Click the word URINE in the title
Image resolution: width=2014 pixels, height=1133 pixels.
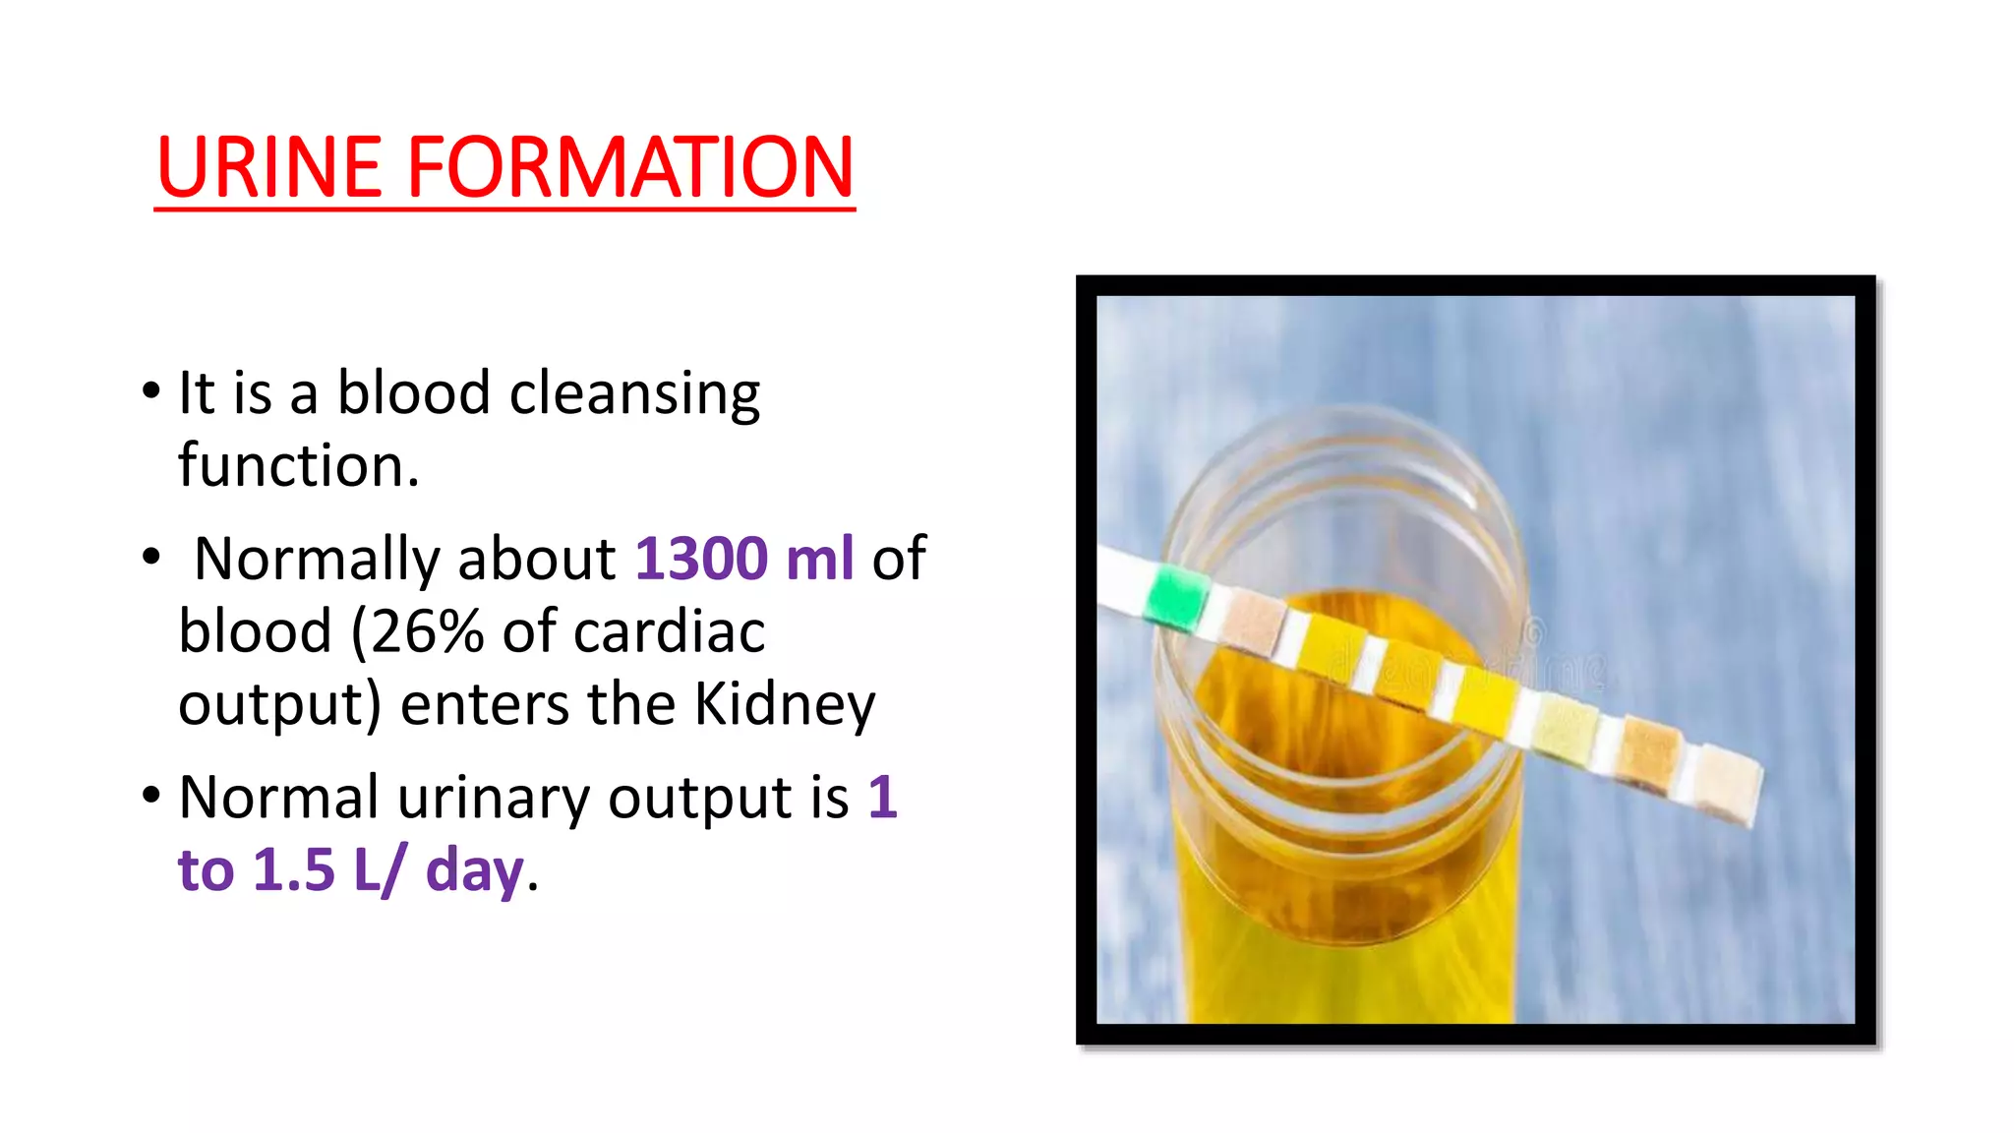(x=268, y=167)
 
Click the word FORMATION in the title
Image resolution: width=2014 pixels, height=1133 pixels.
(x=629, y=167)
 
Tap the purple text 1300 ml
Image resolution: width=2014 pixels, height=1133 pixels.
(x=744, y=559)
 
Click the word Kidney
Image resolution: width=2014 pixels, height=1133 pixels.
(x=785, y=705)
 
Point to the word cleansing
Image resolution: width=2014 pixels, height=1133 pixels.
(x=634, y=394)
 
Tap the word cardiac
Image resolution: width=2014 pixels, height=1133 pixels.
(x=669, y=631)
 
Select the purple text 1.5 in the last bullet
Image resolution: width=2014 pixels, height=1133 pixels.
(x=293, y=870)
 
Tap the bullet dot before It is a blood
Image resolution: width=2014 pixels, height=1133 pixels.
(x=150, y=390)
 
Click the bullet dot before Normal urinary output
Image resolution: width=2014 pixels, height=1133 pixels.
(x=150, y=794)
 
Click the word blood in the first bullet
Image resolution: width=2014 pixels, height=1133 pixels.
(x=413, y=392)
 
